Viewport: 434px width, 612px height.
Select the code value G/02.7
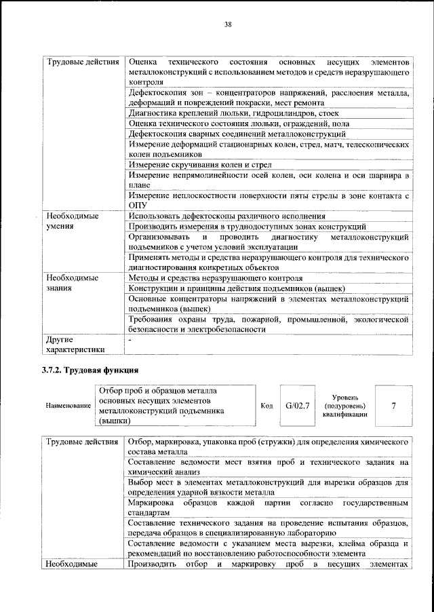(297, 405)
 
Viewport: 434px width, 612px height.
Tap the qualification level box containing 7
(393, 405)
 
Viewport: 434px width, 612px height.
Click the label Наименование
(68, 406)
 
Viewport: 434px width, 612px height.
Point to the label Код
(267, 406)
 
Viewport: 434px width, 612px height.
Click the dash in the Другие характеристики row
(130, 339)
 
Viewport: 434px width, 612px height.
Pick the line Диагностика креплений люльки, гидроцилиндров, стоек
(233, 113)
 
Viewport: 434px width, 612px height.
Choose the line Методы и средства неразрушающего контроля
(215, 278)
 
